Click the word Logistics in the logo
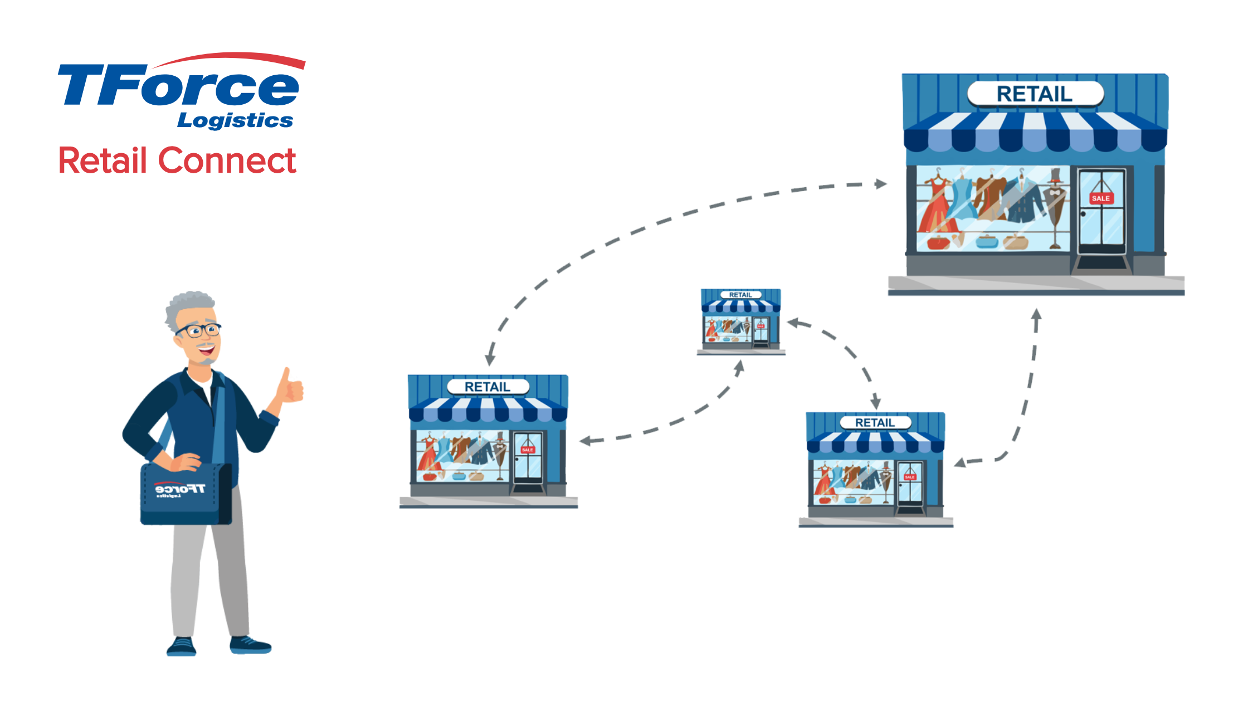[x=235, y=120]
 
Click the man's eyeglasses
[x=199, y=330]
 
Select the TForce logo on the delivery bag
[x=179, y=490]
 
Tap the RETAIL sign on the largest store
[x=1035, y=94]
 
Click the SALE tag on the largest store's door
[x=1100, y=198]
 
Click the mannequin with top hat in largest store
[x=1055, y=206]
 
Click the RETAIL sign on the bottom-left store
[x=487, y=387]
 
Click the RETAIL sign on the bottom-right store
[x=875, y=423]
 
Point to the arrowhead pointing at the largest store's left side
[x=881, y=184]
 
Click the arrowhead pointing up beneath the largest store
[x=1036, y=315]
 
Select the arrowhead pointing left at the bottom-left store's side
[x=584, y=441]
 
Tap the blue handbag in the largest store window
[x=987, y=242]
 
